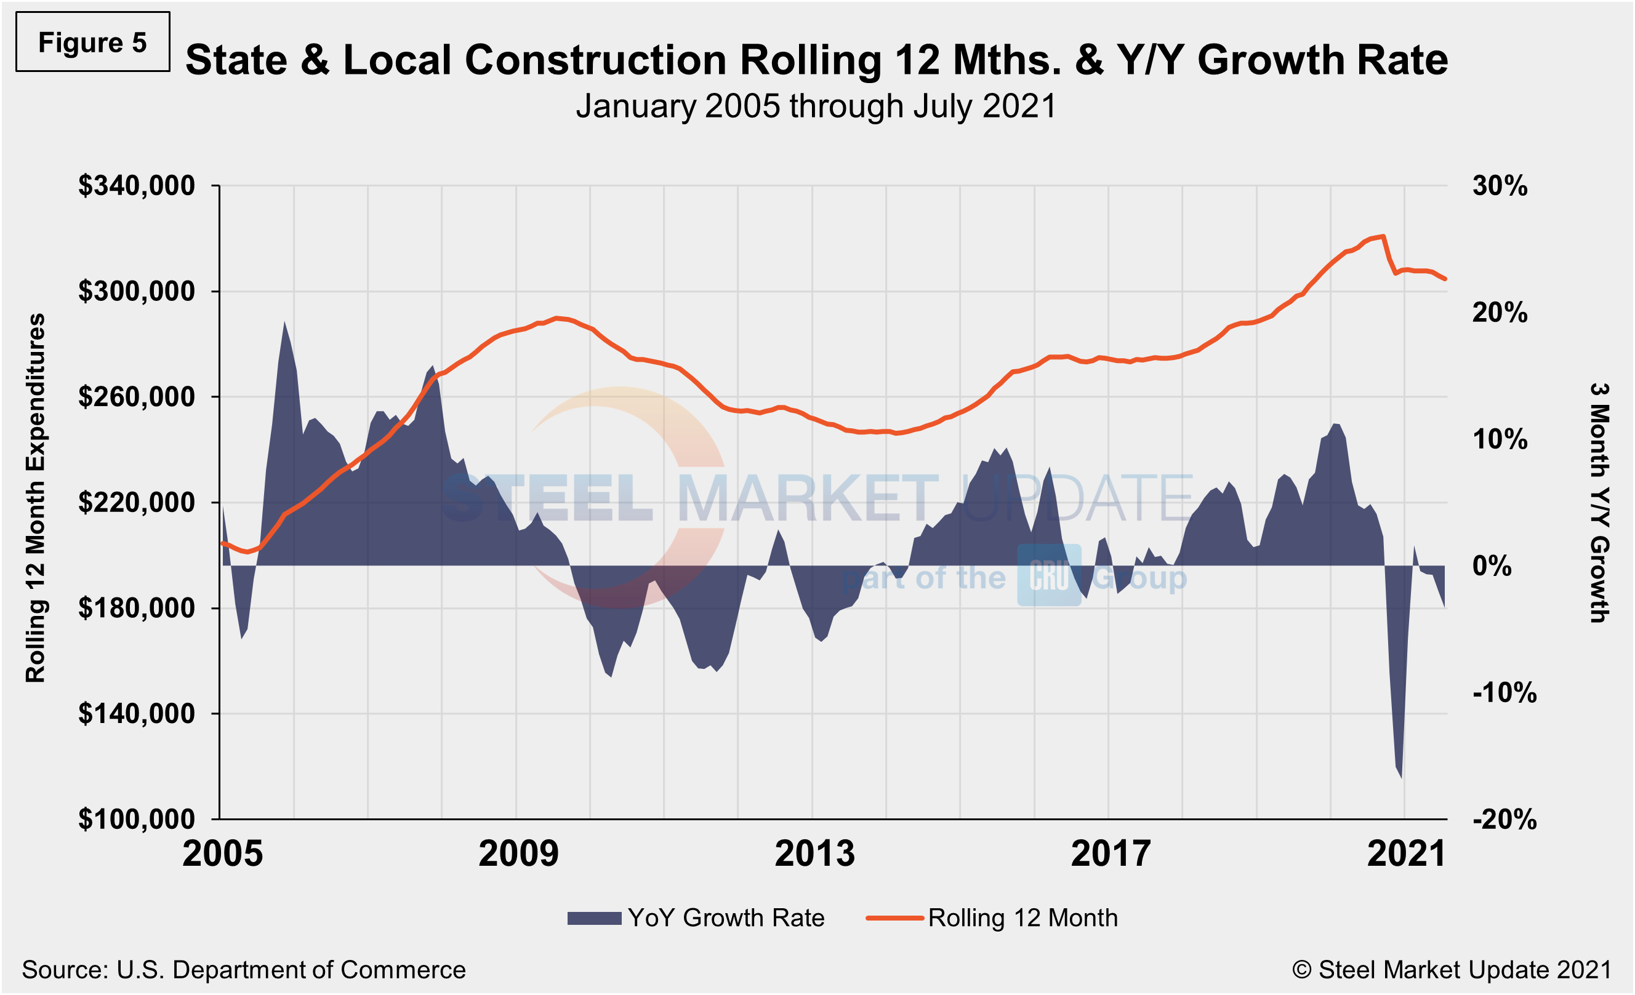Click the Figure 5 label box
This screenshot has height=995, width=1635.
(x=92, y=42)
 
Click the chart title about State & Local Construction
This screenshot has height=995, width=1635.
(x=816, y=60)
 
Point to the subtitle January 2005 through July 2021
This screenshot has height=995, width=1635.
(x=816, y=106)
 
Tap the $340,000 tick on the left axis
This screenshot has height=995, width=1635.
(x=137, y=186)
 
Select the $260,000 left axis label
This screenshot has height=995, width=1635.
(x=137, y=397)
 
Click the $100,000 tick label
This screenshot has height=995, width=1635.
(x=137, y=819)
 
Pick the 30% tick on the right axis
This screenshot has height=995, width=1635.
(x=1500, y=186)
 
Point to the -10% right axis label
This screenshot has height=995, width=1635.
(x=1504, y=693)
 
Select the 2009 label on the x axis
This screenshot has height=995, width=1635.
(x=518, y=853)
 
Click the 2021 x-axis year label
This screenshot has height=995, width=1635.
(x=1406, y=853)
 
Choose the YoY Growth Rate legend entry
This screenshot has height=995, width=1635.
(x=696, y=918)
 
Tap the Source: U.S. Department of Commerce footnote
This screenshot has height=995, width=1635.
(x=244, y=970)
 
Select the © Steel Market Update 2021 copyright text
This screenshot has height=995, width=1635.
(x=1452, y=970)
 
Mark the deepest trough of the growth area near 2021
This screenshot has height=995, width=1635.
(x=1402, y=777)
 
